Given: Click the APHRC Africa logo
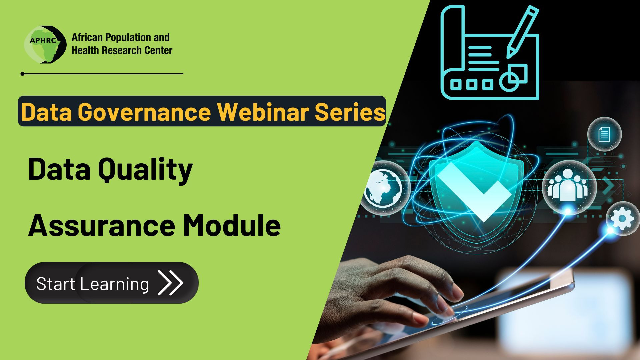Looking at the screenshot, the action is click(45, 45).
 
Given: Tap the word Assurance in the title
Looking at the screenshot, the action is click(102, 226).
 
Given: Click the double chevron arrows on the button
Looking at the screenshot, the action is click(170, 283).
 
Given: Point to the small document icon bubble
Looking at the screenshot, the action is click(604, 134).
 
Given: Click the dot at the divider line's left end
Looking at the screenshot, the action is click(22, 74).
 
